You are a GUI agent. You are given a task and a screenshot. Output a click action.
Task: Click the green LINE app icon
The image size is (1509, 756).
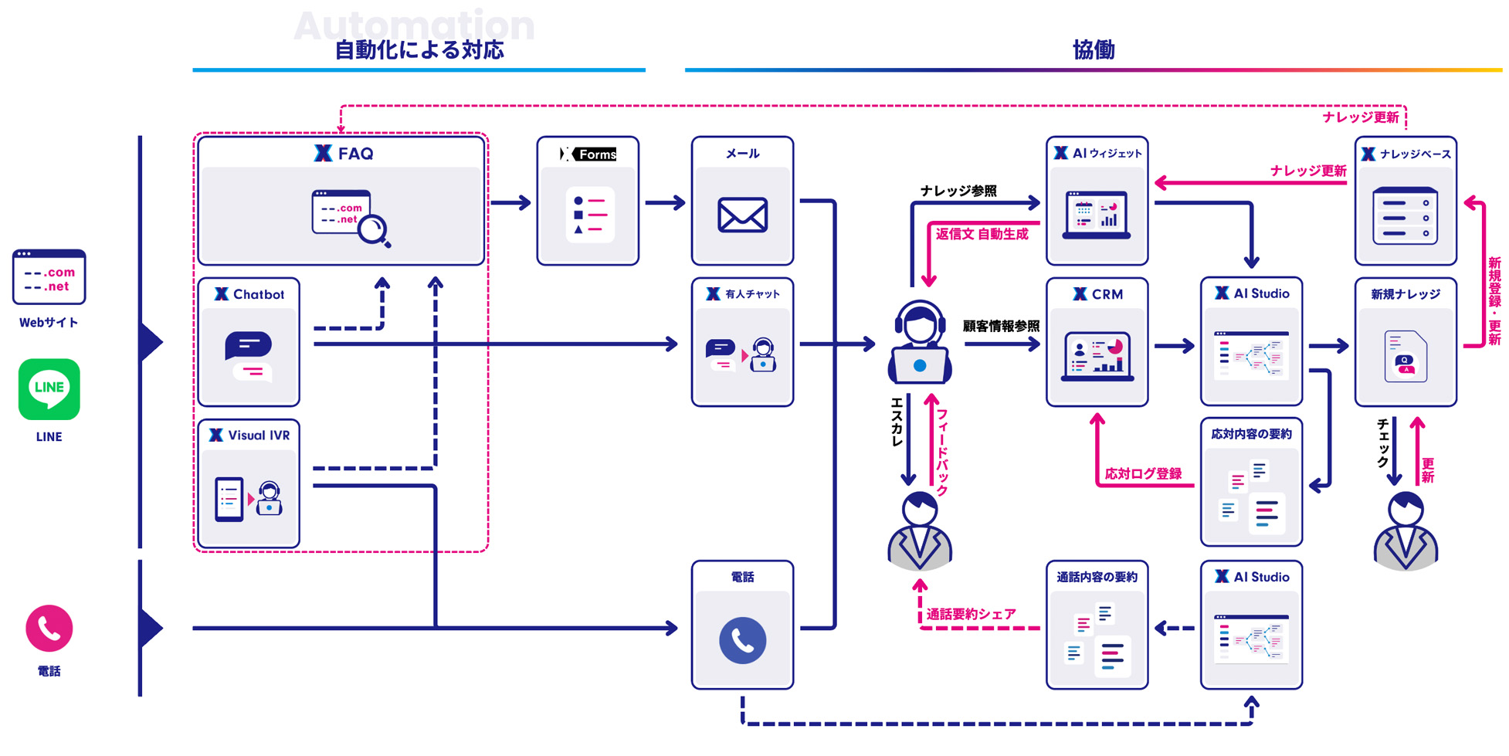49,389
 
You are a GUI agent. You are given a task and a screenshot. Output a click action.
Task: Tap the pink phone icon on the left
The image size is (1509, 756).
49,629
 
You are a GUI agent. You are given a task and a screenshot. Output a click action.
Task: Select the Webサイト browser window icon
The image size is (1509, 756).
49,276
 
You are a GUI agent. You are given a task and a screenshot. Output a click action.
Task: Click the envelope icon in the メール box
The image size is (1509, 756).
742,215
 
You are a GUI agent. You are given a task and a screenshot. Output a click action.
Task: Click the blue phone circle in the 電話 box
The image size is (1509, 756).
742,640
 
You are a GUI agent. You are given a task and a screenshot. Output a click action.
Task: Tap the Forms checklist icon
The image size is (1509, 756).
588,215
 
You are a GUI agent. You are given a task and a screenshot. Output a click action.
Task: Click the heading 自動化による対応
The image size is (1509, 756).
419,50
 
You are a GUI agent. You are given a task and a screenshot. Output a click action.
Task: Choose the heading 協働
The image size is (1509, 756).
1094,50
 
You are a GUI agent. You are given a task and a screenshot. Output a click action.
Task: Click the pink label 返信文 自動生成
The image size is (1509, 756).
982,234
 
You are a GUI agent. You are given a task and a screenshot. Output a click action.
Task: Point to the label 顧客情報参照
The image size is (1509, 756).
1001,326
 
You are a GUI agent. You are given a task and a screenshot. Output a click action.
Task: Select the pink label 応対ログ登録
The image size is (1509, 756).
1143,473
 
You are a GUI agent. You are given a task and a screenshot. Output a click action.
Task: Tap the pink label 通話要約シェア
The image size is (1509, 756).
971,614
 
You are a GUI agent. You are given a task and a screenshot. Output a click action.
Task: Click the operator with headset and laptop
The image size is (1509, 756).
920,343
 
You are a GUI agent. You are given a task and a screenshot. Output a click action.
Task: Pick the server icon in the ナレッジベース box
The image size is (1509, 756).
1406,215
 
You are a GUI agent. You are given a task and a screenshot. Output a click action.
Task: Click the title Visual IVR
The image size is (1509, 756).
259,436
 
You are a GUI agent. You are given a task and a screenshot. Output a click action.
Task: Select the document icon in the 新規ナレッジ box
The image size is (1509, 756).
1406,356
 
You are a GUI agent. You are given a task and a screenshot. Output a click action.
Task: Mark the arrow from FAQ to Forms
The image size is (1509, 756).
510,203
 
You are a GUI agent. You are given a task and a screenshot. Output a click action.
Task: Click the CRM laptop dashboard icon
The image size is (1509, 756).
1097,356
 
